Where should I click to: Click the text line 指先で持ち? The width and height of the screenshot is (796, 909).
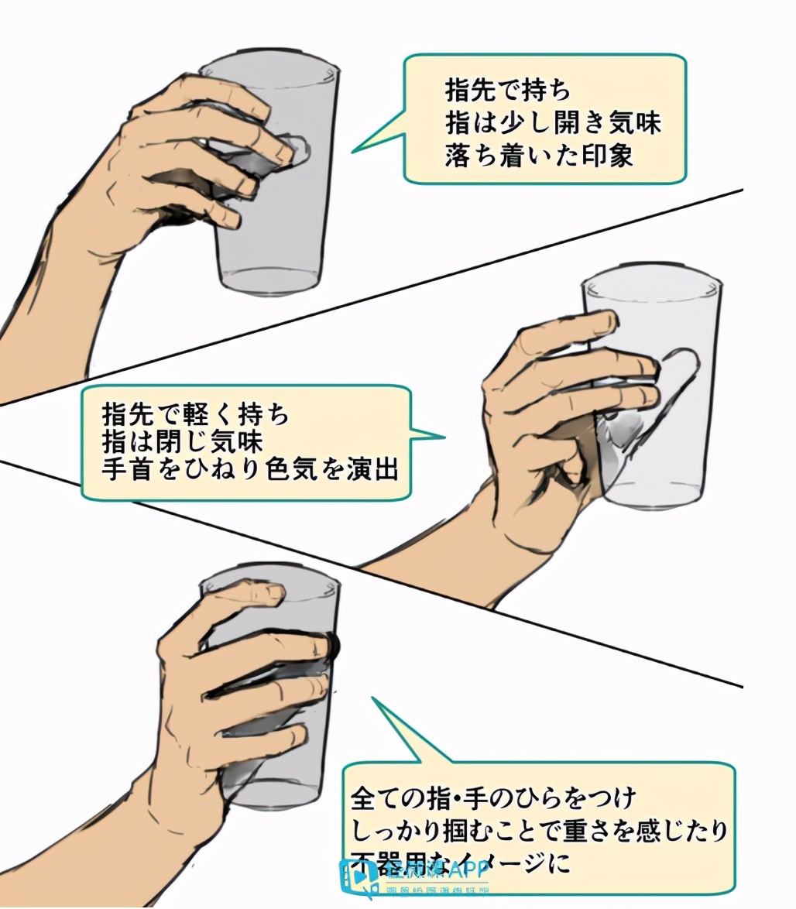(x=507, y=91)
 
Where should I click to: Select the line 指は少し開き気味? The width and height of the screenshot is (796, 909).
(x=553, y=123)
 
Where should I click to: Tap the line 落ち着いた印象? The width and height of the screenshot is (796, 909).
(x=539, y=155)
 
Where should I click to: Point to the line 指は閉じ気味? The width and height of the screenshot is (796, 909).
(x=183, y=442)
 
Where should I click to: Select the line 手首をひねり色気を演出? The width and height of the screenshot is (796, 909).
(x=249, y=470)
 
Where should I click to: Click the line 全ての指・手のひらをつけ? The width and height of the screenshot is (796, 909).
(x=494, y=796)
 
